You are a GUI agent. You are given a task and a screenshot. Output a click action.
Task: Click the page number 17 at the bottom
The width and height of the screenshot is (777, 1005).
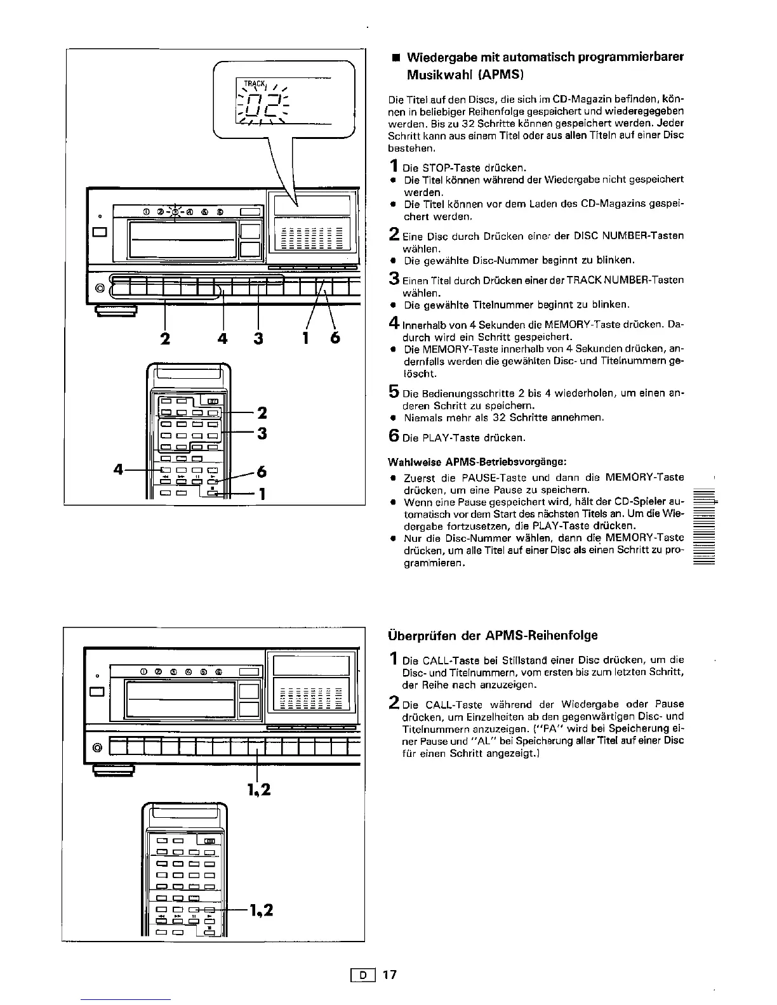[389, 975]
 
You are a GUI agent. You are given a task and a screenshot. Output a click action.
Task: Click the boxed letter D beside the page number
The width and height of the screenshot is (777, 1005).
[364, 975]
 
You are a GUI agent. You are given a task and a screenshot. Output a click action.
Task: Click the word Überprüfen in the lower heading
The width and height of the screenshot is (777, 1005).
[418, 635]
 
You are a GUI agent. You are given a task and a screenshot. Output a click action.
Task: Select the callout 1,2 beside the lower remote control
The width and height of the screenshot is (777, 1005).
[261, 910]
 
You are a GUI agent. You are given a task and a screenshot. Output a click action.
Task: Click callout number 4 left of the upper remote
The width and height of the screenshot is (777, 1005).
[118, 470]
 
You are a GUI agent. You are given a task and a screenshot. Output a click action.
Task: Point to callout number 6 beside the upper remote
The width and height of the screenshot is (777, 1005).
[262, 472]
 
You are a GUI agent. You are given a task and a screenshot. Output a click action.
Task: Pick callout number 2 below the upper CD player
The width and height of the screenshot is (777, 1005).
[165, 338]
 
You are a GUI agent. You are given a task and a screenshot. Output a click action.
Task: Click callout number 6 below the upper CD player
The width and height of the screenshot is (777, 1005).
[335, 338]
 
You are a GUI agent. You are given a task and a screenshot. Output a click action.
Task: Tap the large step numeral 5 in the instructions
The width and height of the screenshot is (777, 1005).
[393, 393]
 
